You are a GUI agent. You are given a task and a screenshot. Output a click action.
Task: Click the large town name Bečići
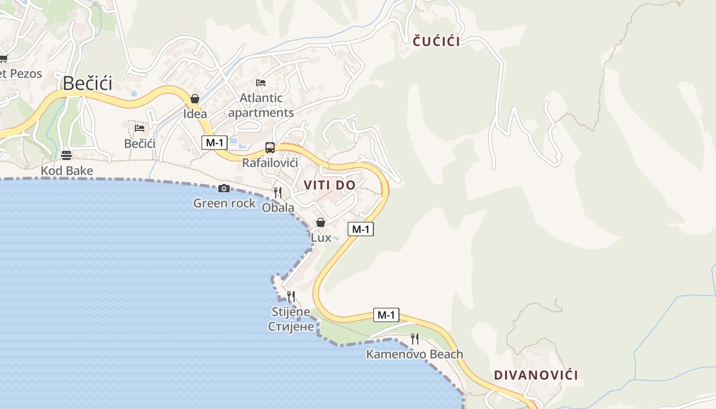click(87, 83)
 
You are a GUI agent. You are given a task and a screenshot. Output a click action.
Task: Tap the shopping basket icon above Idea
click(195, 99)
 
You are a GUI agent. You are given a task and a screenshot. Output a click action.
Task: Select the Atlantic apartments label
click(261, 105)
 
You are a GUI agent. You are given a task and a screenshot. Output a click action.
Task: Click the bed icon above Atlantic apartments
click(261, 82)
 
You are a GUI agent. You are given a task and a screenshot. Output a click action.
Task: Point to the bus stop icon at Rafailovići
click(270, 148)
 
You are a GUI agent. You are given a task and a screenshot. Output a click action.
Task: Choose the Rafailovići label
click(270, 163)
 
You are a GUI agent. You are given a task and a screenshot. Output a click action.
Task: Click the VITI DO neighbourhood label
click(329, 185)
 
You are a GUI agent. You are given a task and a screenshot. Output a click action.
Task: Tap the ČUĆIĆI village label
click(436, 42)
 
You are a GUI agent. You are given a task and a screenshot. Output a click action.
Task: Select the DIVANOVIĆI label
click(536, 375)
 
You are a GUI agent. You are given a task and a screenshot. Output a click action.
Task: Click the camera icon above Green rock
click(224, 188)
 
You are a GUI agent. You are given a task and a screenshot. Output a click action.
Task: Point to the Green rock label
click(224, 203)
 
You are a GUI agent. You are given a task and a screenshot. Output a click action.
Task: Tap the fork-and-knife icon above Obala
click(278, 192)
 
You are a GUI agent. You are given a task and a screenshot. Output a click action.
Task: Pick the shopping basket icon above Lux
click(321, 222)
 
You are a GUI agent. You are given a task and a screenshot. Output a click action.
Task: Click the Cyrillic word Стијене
click(291, 326)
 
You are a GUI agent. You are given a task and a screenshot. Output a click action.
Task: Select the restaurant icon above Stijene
click(291, 296)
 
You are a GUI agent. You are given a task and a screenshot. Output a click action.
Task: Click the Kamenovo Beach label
click(414, 354)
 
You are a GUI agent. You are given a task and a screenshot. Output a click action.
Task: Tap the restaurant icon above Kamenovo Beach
click(414, 338)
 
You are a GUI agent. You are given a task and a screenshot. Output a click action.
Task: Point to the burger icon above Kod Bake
click(66, 155)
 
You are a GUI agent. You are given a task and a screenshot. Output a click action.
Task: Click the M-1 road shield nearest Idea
click(214, 143)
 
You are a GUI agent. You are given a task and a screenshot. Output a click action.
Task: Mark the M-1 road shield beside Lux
click(361, 229)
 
